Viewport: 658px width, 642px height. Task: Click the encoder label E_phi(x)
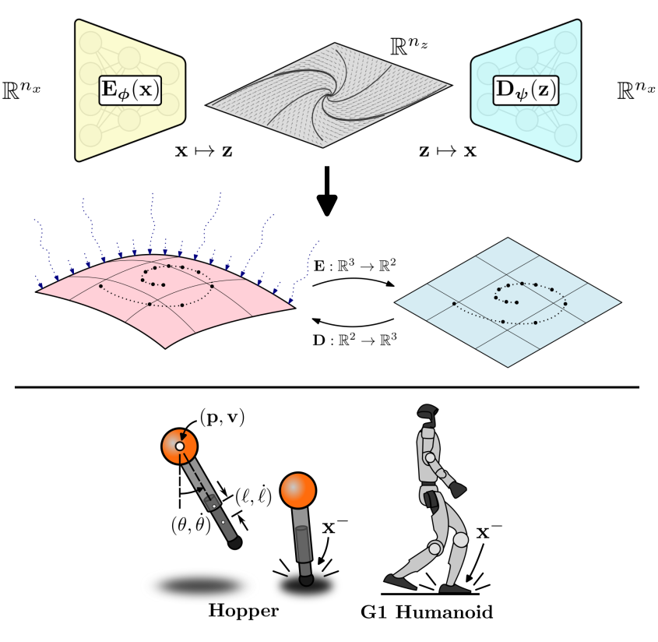129,90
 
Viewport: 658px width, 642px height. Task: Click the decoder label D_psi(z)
526,90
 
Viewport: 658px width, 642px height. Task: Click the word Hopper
243,610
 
